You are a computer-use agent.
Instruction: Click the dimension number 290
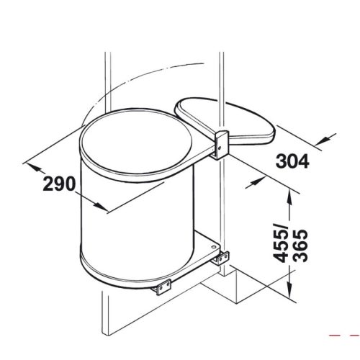[x=58, y=184]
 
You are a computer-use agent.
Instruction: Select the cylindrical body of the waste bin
[x=137, y=223]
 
